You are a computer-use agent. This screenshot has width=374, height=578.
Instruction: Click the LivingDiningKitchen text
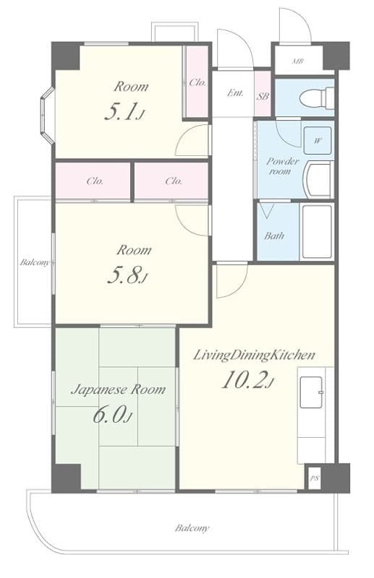pos(253,355)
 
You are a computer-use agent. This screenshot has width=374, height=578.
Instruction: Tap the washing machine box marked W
pos(318,141)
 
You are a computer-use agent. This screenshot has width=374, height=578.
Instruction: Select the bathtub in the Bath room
pos(316,231)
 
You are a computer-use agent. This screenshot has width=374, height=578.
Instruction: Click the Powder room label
pos(282,166)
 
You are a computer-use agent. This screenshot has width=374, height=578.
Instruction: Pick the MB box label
pos(297,61)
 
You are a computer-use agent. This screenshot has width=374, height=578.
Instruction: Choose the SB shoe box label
pos(263,95)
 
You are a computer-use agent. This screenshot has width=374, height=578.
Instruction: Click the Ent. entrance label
pos(235,92)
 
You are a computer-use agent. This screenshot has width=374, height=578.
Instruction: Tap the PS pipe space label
pos(314,478)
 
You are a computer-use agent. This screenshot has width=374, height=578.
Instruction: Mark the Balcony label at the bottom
pos(192,528)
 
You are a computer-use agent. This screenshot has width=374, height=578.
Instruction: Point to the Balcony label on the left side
pos(34,262)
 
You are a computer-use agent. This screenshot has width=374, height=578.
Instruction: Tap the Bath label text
pos(273,236)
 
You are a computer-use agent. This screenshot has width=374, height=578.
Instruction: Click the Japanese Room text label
pos(117,389)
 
